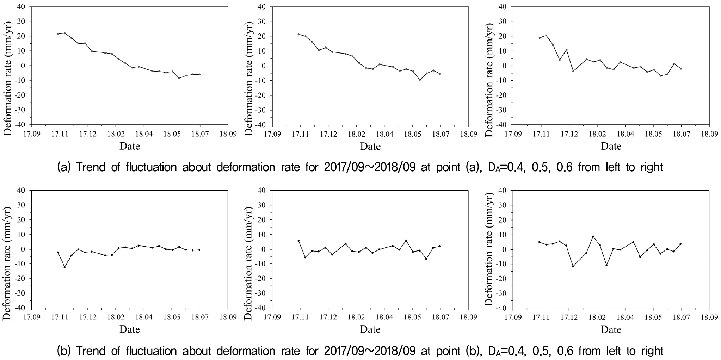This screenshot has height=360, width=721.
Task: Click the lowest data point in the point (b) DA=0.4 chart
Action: [x=64, y=267]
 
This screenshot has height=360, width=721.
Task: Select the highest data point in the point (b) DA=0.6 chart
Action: [x=593, y=236]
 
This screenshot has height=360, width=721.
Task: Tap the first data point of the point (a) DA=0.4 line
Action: [x=58, y=33]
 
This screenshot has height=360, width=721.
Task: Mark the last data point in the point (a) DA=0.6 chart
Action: [x=681, y=69]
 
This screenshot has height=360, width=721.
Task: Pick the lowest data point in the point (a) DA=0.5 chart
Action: [x=420, y=80]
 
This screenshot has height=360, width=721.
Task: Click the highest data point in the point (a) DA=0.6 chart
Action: [x=546, y=35]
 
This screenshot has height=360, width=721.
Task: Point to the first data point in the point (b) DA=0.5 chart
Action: [x=298, y=241]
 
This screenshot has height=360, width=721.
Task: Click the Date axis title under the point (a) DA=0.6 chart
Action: [x=611, y=146]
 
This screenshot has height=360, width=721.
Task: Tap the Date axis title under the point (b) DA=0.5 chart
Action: [x=370, y=330]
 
